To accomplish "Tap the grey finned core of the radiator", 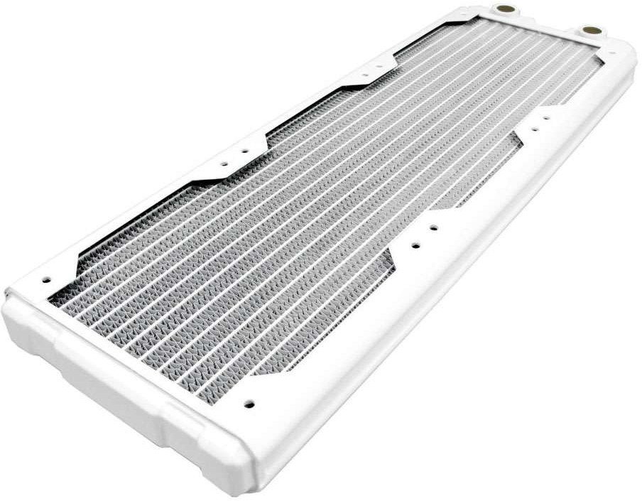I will [284, 235].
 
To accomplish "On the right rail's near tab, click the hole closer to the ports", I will [434, 228].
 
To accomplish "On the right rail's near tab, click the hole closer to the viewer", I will [414, 247].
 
